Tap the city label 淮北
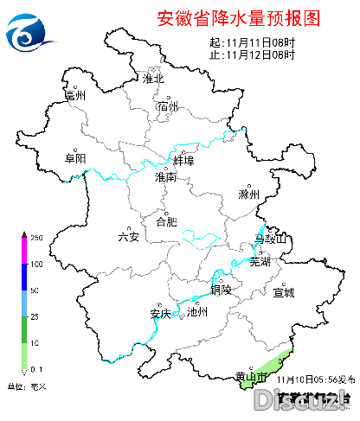point(153,79)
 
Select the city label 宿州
point(168,106)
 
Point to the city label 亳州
point(75,96)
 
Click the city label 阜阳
point(75,158)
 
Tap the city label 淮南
point(165,177)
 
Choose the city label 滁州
point(249,195)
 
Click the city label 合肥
point(165,221)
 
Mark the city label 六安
point(128,237)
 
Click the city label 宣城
point(284,292)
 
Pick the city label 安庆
point(160,313)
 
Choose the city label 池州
point(197,313)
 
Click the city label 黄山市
point(252,374)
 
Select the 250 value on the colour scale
point(37,237)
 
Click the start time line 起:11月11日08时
point(253,42)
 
